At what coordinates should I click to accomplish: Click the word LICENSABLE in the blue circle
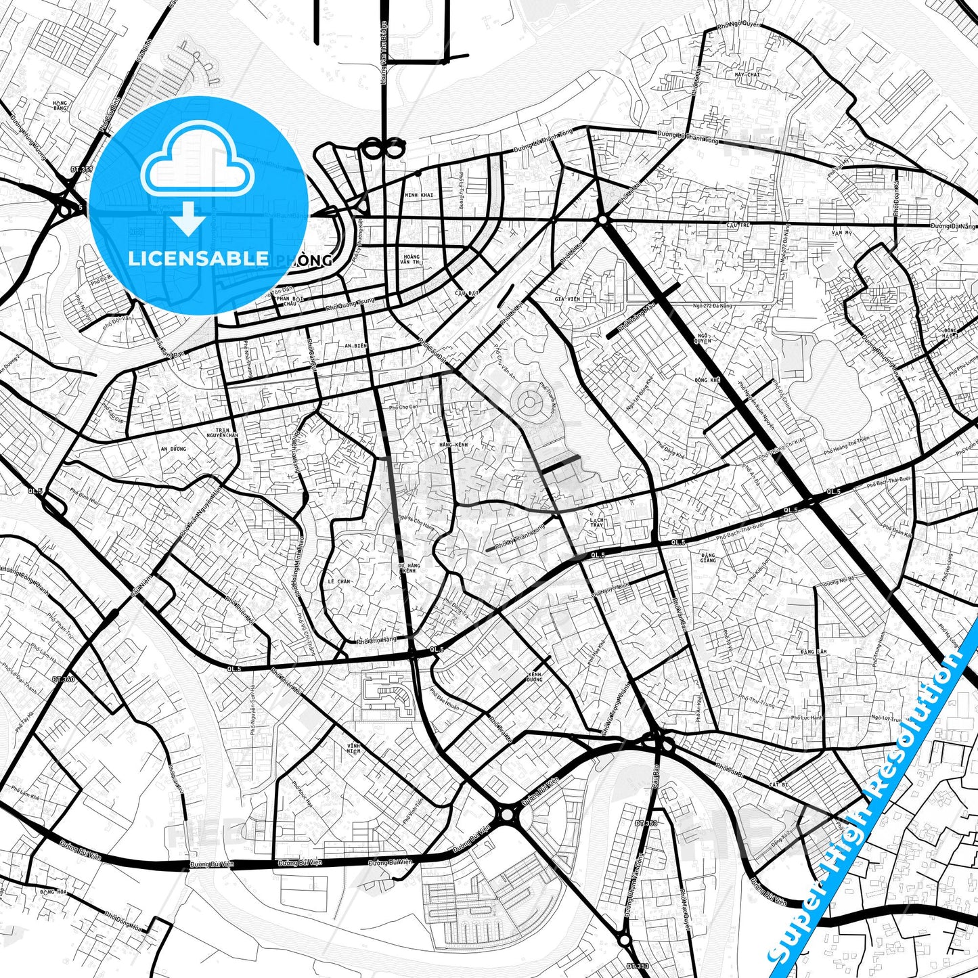[x=198, y=258]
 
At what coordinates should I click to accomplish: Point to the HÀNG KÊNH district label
[x=453, y=444]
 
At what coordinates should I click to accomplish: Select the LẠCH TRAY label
[x=596, y=522]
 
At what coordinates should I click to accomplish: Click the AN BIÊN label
[x=355, y=346]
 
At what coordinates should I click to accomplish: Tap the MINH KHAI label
[x=418, y=195]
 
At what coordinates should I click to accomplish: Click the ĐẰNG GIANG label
[x=708, y=557]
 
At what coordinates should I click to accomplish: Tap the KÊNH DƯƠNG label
[x=535, y=676]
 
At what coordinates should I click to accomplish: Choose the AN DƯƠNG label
[x=173, y=448]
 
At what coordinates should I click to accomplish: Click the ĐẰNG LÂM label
[x=813, y=651]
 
